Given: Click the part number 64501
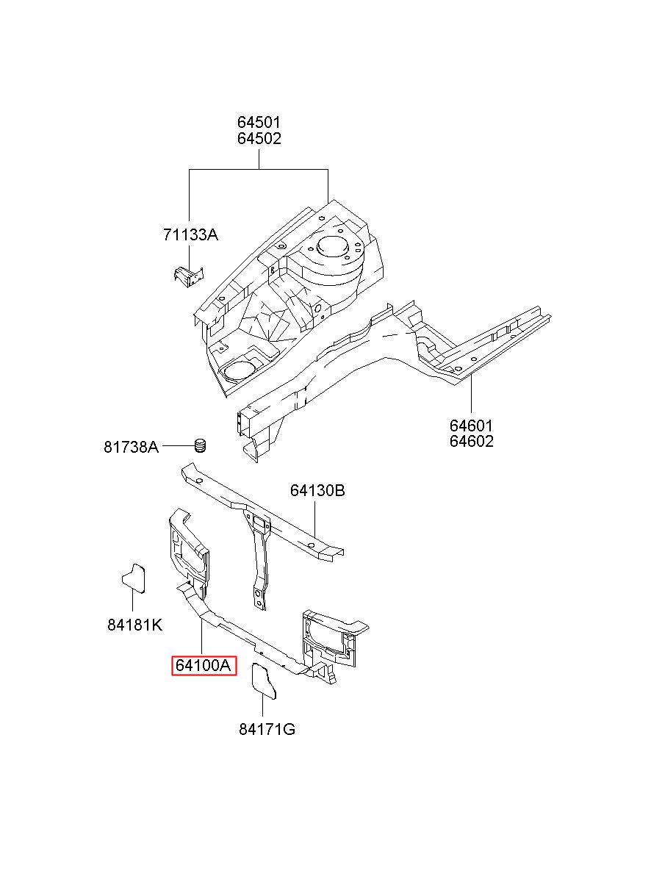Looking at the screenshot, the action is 259,122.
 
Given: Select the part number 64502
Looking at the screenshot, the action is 259,138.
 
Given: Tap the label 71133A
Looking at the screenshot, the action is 190,235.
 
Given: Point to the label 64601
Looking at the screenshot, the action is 471,426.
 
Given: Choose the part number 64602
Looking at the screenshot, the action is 471,441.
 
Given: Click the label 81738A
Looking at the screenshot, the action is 131,448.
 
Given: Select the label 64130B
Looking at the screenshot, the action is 317,490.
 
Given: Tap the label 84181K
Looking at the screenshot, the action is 134,625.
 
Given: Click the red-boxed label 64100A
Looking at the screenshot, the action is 204,666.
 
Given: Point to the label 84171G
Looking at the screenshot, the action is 267,730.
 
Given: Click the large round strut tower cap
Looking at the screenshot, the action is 333,246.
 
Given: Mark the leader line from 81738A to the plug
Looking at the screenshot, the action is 179,446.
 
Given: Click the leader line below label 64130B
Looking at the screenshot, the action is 315,520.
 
